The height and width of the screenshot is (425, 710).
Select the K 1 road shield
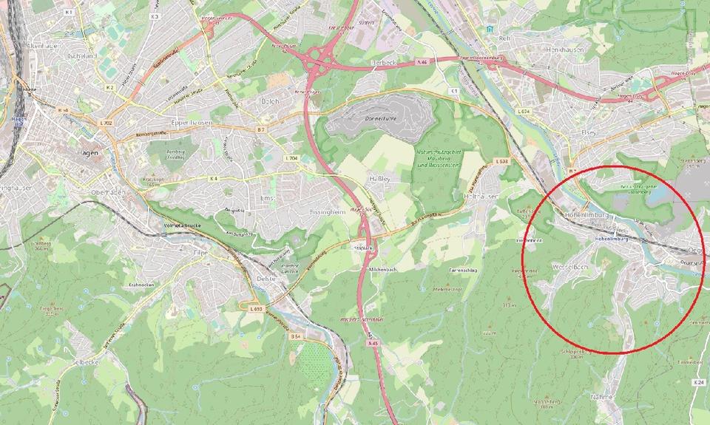(x=69, y=13)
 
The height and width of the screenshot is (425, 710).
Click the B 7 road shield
(x=260, y=130)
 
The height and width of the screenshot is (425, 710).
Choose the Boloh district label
(x=271, y=100)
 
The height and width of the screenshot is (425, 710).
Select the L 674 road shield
(x=526, y=111)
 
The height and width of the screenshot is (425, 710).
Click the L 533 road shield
(x=501, y=161)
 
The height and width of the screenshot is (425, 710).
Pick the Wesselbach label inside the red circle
(x=569, y=265)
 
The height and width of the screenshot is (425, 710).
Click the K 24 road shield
(x=699, y=382)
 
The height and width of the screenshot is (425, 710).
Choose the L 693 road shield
(x=257, y=307)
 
